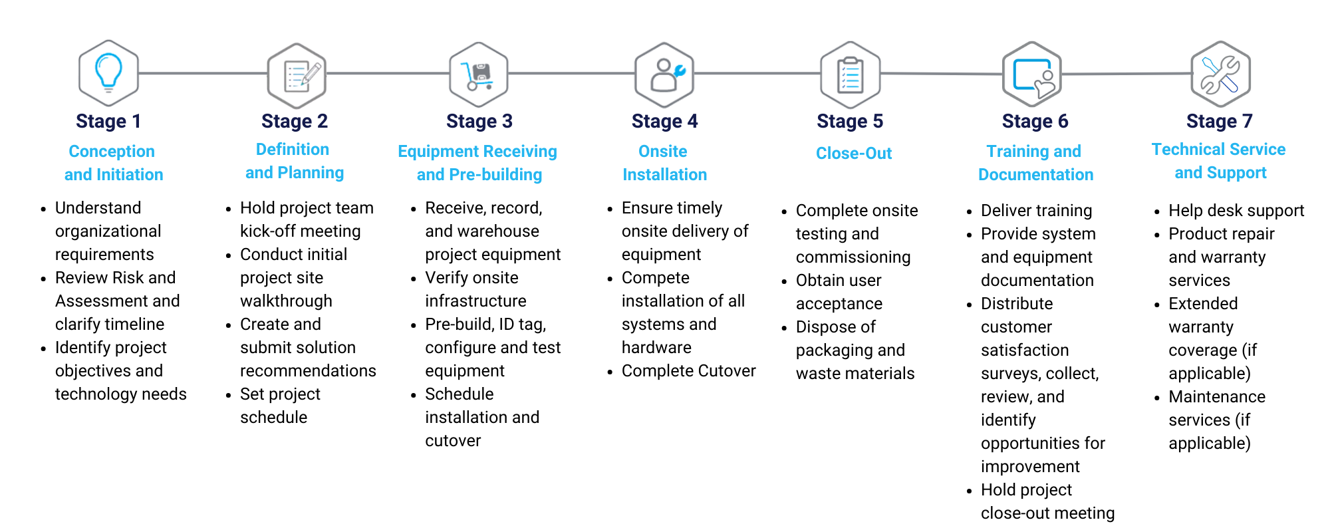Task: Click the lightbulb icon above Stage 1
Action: [108, 72]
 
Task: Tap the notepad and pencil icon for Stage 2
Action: [297, 75]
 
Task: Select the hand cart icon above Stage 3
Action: [479, 74]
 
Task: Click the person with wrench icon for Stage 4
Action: [664, 74]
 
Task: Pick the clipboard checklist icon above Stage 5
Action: [850, 75]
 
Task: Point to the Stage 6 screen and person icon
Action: [1032, 75]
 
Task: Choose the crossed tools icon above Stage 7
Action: [1220, 74]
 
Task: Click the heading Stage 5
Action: [850, 121]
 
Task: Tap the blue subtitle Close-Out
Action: [854, 153]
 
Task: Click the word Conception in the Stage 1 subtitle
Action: [112, 152]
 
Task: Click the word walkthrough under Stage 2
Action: [286, 301]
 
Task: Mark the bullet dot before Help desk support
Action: [1157, 212]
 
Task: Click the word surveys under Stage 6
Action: [1009, 374]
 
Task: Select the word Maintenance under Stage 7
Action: [1217, 397]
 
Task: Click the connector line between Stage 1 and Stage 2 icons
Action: [203, 73]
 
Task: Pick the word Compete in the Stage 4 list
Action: [655, 277]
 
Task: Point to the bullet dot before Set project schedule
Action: [229, 396]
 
